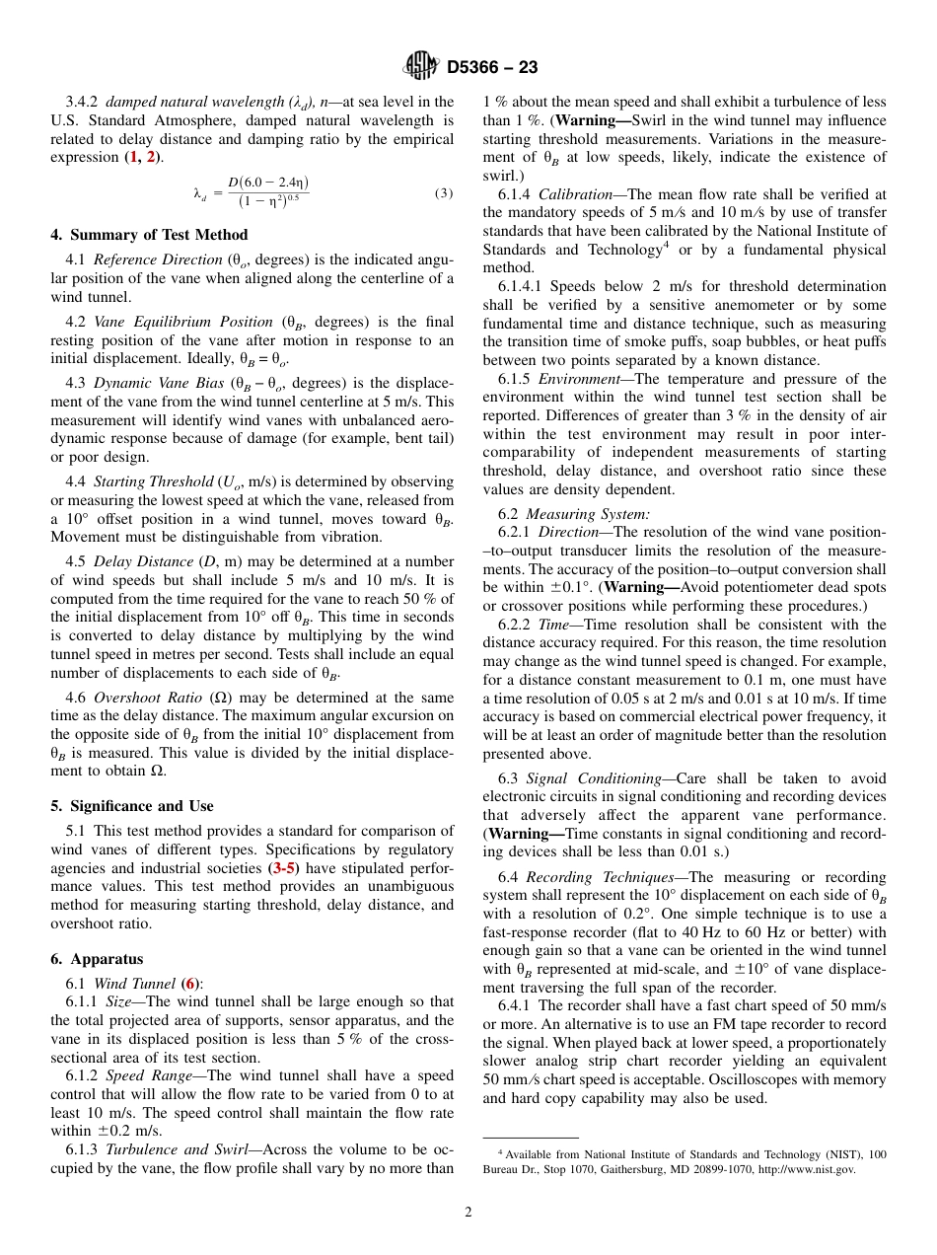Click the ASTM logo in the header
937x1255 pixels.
coord(421,66)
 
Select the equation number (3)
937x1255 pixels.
coord(444,193)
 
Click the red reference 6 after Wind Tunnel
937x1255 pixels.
coord(190,984)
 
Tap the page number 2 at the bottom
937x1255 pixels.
coord(468,1213)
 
